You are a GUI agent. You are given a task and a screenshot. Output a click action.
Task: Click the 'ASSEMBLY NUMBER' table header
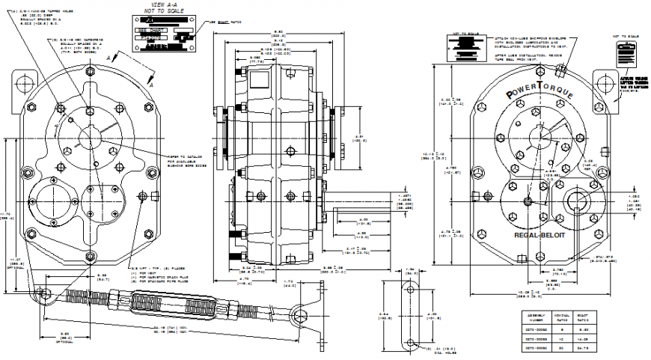534,319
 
